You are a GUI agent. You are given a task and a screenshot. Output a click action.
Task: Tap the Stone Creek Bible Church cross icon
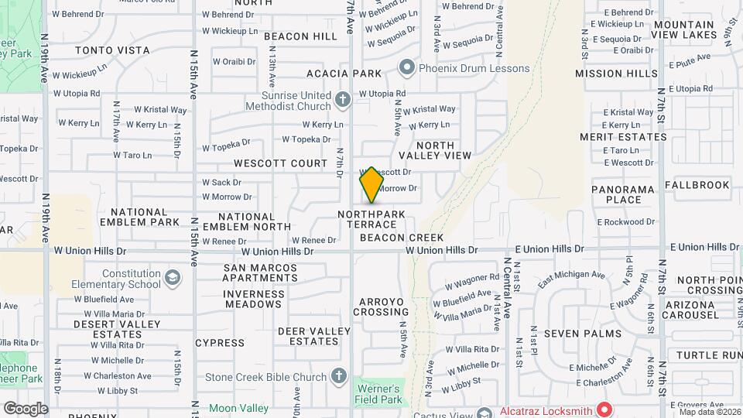click(x=338, y=377)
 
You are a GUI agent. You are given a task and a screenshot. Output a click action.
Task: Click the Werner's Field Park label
click(x=378, y=394)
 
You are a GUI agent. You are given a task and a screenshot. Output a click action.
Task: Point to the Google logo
click(x=26, y=408)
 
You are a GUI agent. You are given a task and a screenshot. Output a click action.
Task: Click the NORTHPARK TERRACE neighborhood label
click(x=371, y=218)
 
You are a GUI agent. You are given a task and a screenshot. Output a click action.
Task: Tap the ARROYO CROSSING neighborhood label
click(x=381, y=307)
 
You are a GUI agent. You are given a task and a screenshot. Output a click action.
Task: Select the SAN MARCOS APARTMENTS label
click(x=260, y=272)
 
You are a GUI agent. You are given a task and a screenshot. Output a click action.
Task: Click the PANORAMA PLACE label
click(x=624, y=194)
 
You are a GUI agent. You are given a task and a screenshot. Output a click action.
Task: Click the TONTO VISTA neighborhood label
click(x=112, y=50)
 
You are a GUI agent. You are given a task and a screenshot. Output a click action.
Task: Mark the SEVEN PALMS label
click(x=582, y=334)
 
